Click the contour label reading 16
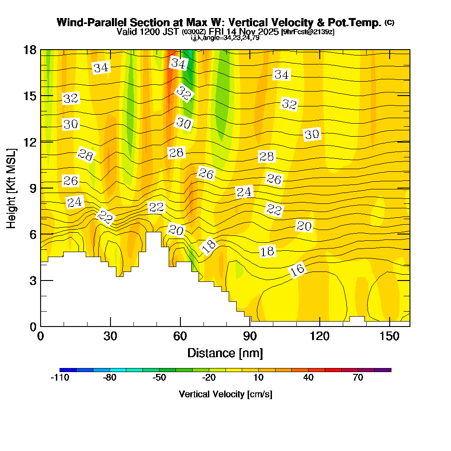297,270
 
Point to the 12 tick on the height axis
41,142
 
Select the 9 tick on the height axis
41,188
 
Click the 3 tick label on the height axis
32,280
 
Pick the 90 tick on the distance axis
250,326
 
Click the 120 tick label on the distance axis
319,336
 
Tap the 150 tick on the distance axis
389,326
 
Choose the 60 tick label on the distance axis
180,336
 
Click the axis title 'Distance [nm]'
225,353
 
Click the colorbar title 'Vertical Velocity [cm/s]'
225,394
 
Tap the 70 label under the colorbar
358,378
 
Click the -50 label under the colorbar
159,378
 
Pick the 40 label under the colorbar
308,378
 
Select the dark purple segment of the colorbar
383,370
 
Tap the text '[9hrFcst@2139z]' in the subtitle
307,32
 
